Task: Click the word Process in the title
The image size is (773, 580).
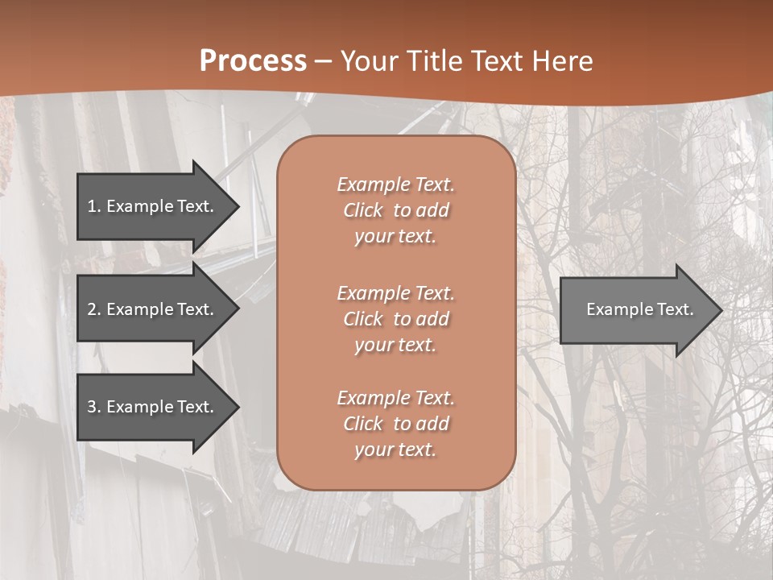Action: click(x=253, y=61)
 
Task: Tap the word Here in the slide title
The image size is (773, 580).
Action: click(x=561, y=61)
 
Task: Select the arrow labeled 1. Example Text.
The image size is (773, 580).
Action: click(x=151, y=206)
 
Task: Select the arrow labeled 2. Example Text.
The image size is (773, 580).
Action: click(x=151, y=309)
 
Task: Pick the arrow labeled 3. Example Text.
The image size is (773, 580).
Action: click(x=151, y=407)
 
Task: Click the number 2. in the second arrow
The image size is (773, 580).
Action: click(x=93, y=309)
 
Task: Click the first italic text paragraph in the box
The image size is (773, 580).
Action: click(x=395, y=210)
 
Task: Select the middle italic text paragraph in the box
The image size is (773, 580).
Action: click(x=395, y=319)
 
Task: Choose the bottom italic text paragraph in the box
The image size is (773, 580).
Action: click(x=395, y=424)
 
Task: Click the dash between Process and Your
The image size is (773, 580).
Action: click(x=324, y=61)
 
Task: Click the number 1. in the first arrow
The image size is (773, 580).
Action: click(x=93, y=206)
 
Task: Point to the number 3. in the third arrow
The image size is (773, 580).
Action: click(x=93, y=407)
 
